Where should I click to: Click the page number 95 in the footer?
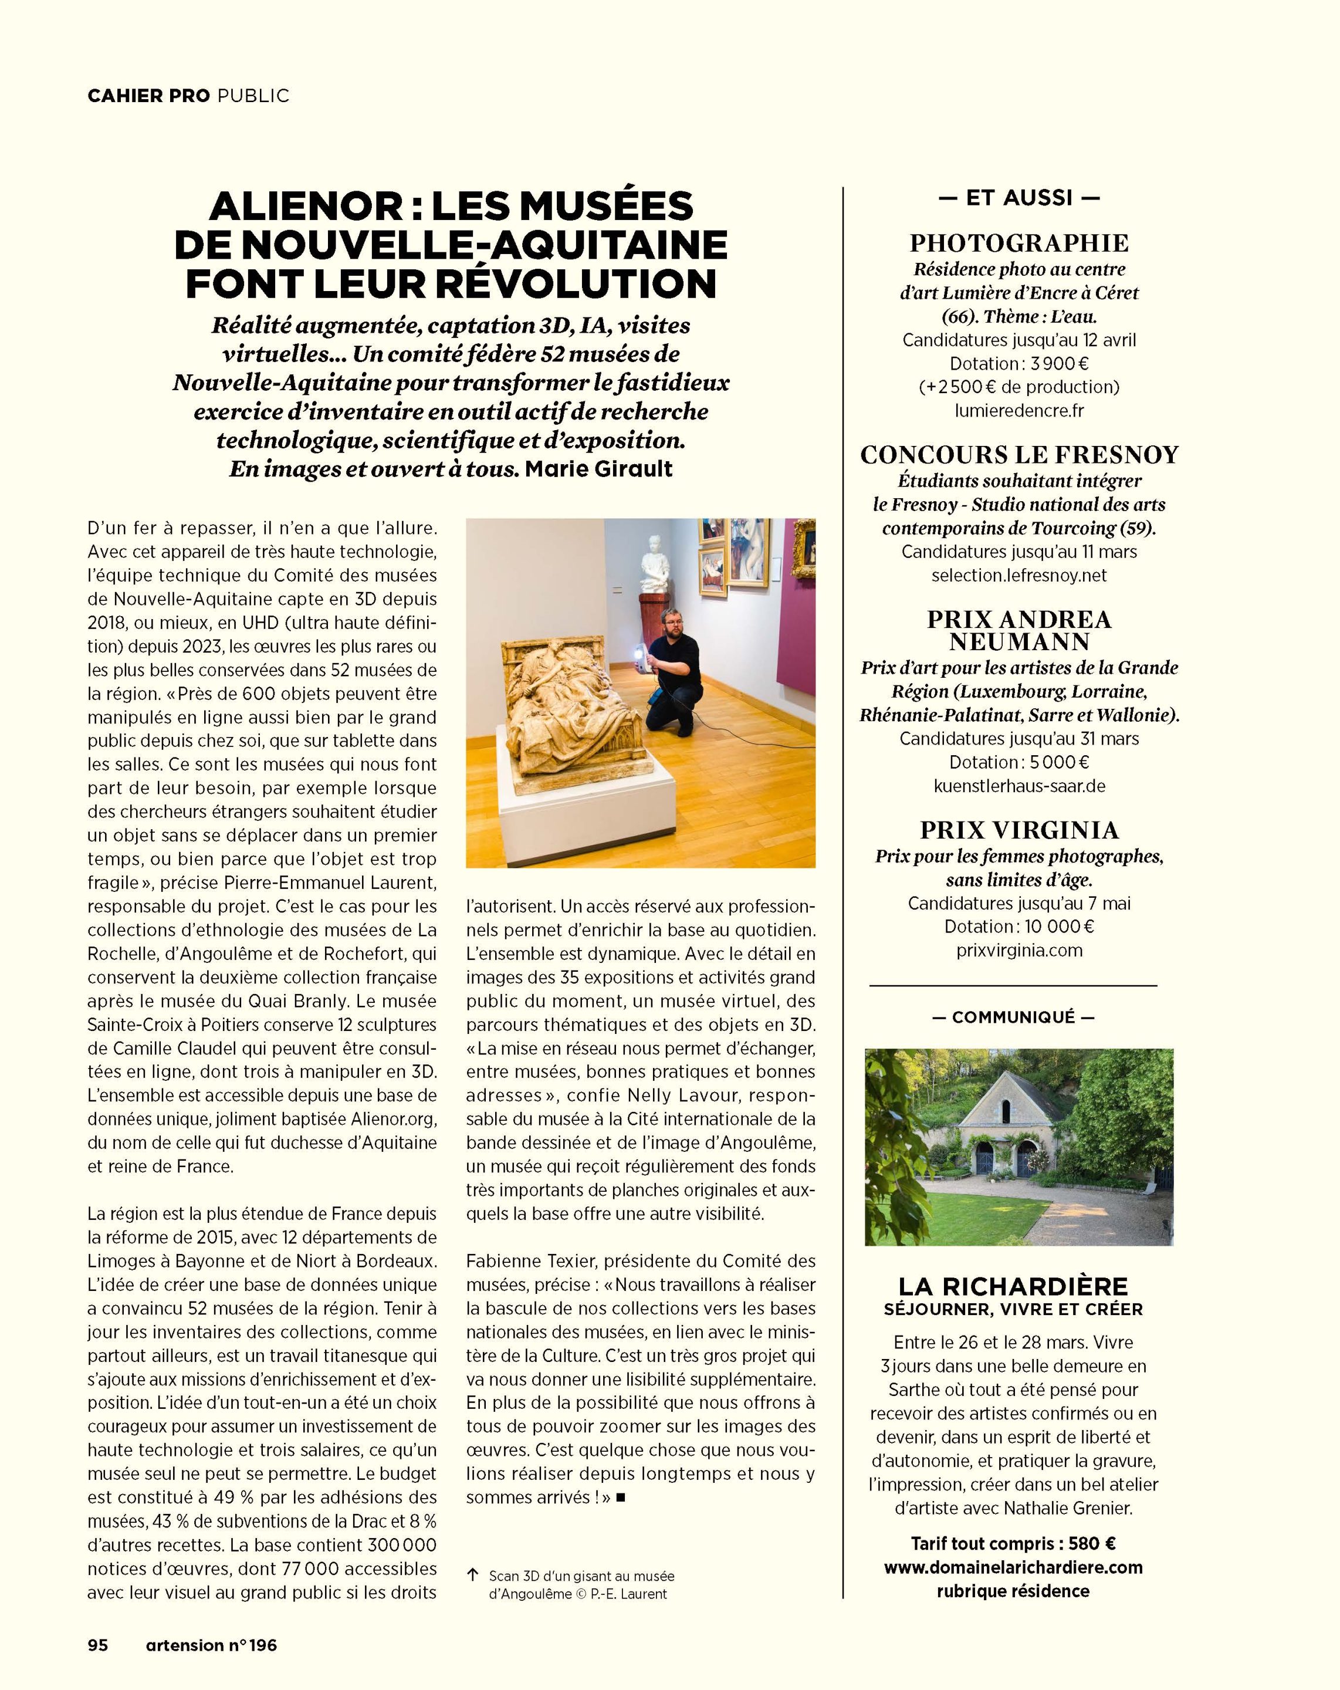97,1645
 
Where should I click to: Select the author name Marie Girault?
598,469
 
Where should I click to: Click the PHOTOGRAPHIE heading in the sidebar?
1018,243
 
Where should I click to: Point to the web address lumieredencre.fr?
1018,410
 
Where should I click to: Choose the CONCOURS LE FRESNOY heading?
1018,455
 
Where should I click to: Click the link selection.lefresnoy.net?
1018,574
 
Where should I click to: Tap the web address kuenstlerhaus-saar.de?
1018,785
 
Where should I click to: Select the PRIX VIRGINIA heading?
1018,829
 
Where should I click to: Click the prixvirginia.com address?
1018,950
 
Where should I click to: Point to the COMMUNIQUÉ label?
1013,1018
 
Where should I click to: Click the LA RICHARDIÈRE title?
1013,1286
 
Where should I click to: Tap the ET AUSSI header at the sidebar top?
1018,198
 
